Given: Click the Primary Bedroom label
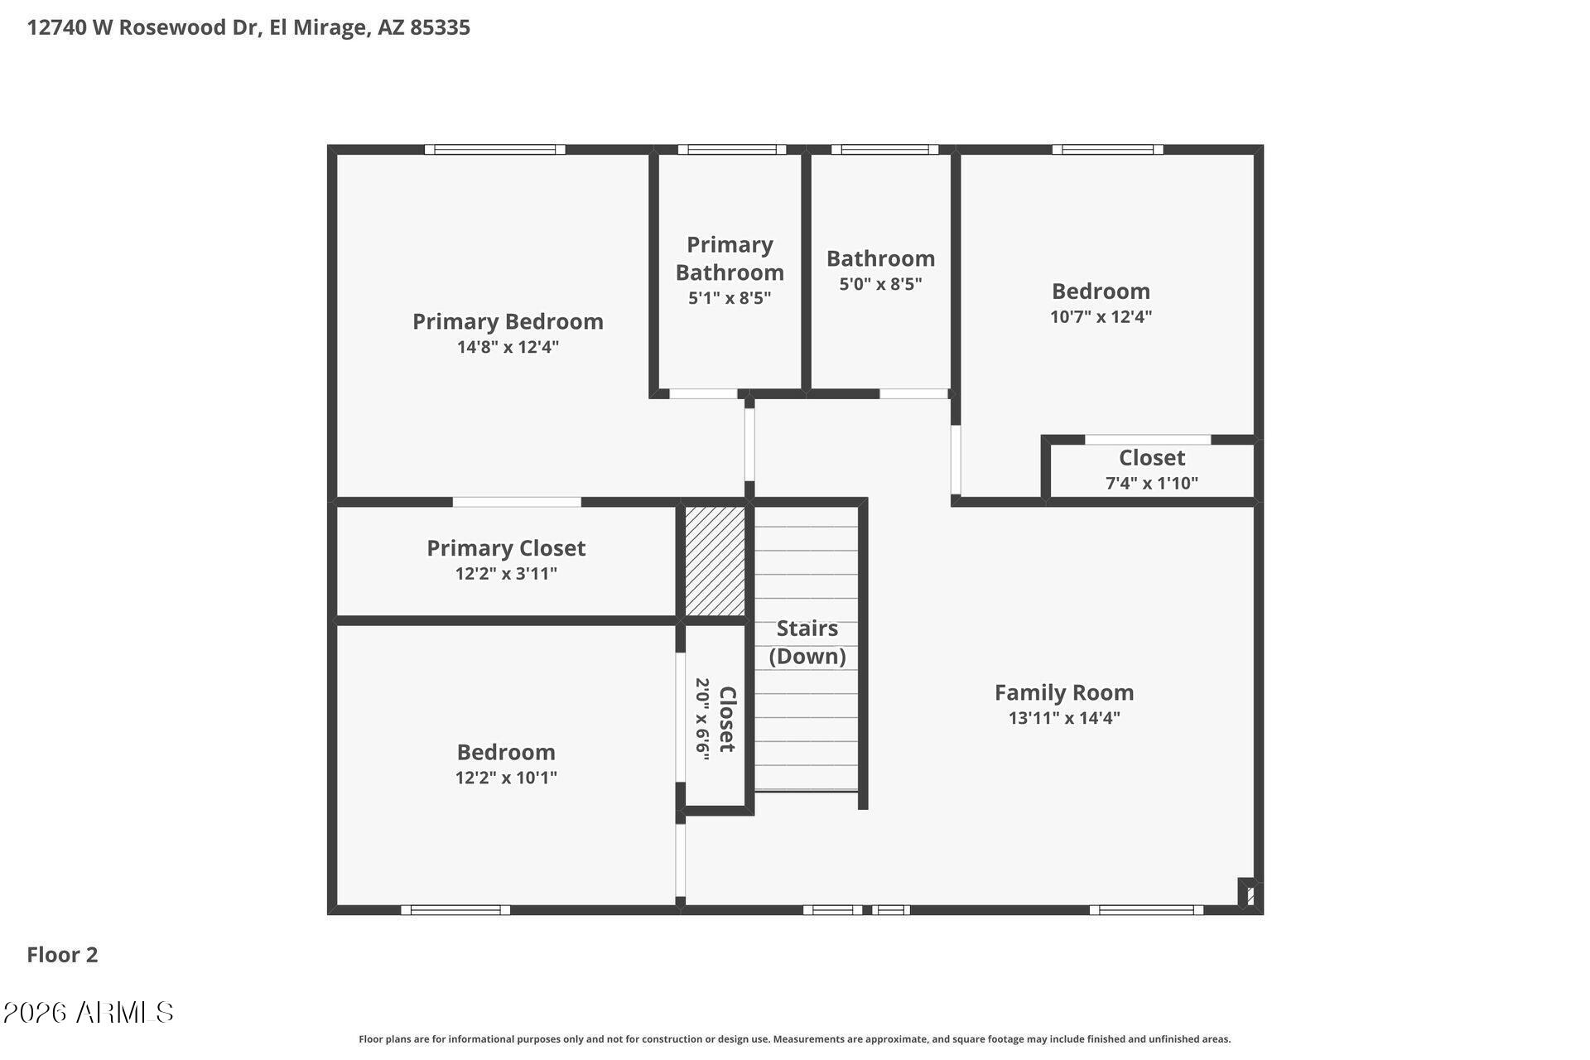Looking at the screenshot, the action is [x=508, y=321].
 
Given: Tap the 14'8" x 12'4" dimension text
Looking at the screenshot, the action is [x=508, y=347].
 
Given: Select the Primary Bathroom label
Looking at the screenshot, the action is [x=730, y=258].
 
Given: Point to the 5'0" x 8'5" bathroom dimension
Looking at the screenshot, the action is [x=880, y=284].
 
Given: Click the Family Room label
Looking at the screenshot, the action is [x=1064, y=692].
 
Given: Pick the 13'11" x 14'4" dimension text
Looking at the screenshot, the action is [x=1064, y=718].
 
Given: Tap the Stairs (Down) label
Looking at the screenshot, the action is [x=807, y=642].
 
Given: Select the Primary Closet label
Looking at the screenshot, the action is [x=506, y=548].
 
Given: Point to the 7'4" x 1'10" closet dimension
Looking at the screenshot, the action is [x=1152, y=483].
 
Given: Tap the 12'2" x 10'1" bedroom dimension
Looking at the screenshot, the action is [x=506, y=778].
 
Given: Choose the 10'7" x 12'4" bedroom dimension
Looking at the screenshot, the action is [x=1101, y=316].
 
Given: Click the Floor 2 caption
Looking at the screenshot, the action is [x=62, y=955].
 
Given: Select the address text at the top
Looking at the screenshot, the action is [x=248, y=27].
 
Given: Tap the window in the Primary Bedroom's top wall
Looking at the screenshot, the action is [x=495, y=150].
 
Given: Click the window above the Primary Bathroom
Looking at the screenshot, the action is [x=732, y=150].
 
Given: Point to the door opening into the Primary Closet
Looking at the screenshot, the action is [x=517, y=502].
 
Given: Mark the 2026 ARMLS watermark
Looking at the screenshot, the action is [x=89, y=1012].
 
